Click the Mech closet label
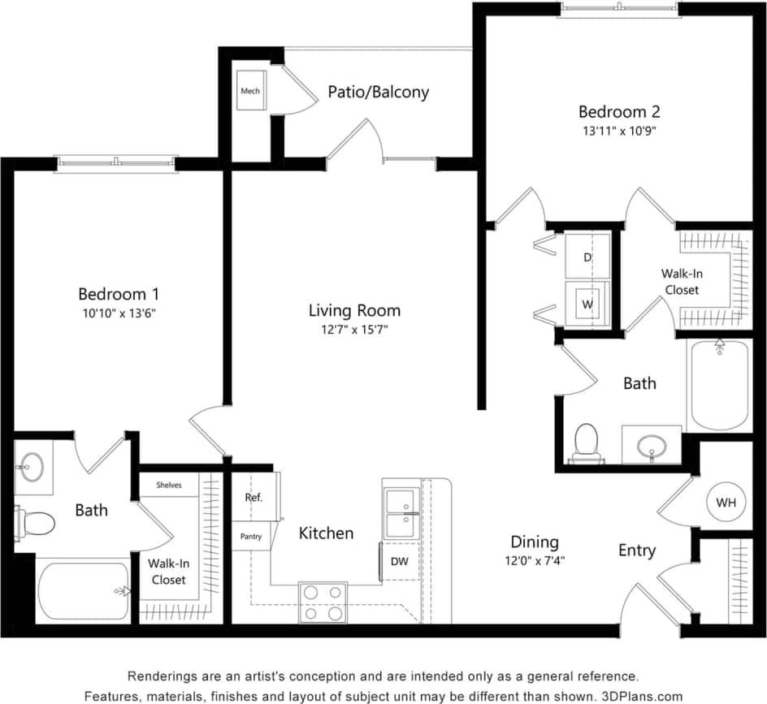click(250, 91)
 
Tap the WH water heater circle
click(725, 503)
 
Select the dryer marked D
click(587, 257)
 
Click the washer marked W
click(587, 304)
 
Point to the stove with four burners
click(323, 603)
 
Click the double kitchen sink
click(401, 512)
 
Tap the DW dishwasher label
click(400, 561)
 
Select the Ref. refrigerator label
click(253, 498)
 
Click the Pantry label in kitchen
click(250, 537)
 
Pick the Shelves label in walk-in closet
click(169, 485)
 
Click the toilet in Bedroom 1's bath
click(36, 521)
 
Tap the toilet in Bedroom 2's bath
click(586, 442)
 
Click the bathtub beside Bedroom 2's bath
click(719, 386)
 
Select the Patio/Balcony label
click(378, 92)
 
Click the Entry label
click(637, 551)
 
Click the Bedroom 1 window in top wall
click(116, 163)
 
